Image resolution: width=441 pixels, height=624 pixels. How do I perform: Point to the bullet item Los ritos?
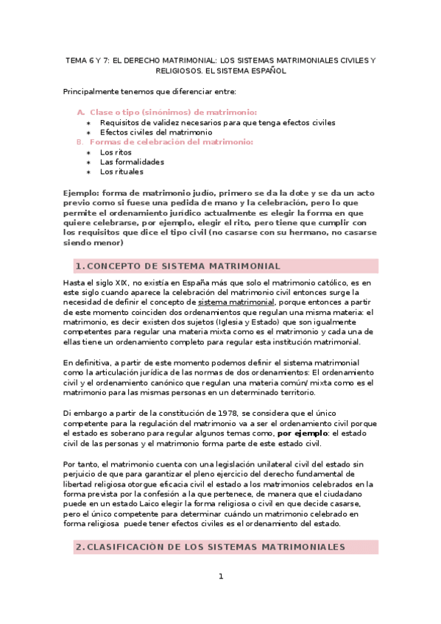tap(116, 152)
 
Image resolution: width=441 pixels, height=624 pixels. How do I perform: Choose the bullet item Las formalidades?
tap(133, 162)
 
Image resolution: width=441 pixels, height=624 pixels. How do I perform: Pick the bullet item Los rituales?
tap(122, 171)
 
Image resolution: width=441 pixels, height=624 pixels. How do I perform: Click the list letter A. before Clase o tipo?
tap(81, 112)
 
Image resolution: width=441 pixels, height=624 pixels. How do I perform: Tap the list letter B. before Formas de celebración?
tap(80, 141)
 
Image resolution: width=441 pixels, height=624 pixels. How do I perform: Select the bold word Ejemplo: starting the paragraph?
tap(84, 191)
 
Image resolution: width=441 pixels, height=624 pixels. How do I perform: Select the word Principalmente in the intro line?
tap(91, 91)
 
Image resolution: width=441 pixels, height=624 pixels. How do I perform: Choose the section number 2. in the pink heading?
tap(81, 547)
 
